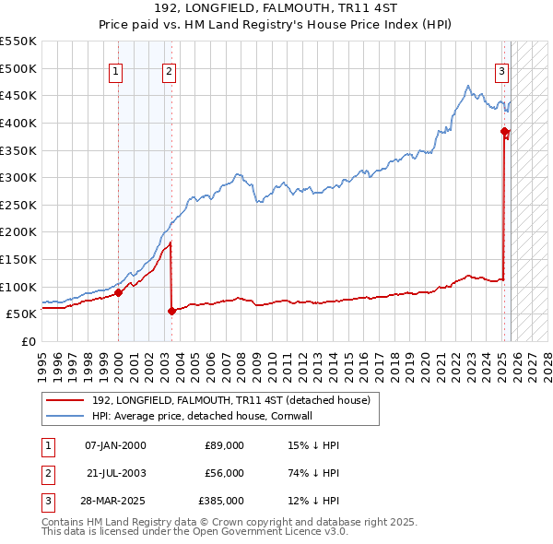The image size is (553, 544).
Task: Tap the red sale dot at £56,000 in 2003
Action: [171, 311]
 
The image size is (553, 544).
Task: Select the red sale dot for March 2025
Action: [505, 132]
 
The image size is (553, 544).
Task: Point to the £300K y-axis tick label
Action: [18, 177]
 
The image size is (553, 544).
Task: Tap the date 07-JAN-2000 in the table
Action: [115, 445]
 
